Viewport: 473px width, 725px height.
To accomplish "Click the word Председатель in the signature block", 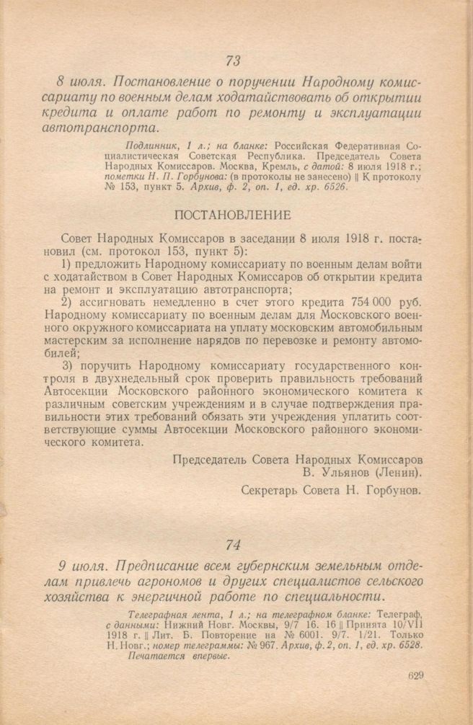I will tap(208, 458).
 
